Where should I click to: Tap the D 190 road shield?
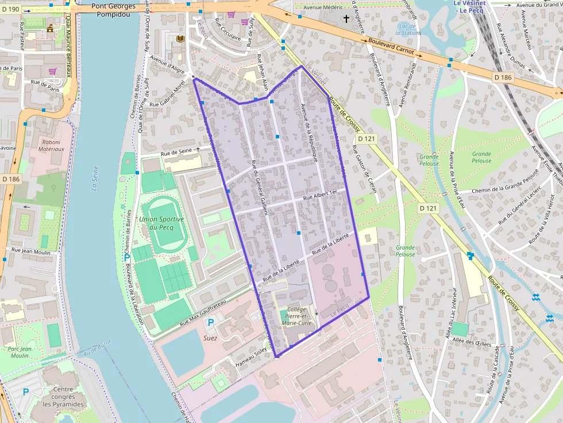point(11,9)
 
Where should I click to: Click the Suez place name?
point(210,338)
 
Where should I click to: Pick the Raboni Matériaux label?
point(52,145)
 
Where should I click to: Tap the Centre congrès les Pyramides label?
point(64,397)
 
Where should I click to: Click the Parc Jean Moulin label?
point(20,352)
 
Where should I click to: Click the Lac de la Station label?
point(408,29)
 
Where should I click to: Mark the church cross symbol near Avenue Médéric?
point(346,18)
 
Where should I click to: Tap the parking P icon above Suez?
point(210,323)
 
